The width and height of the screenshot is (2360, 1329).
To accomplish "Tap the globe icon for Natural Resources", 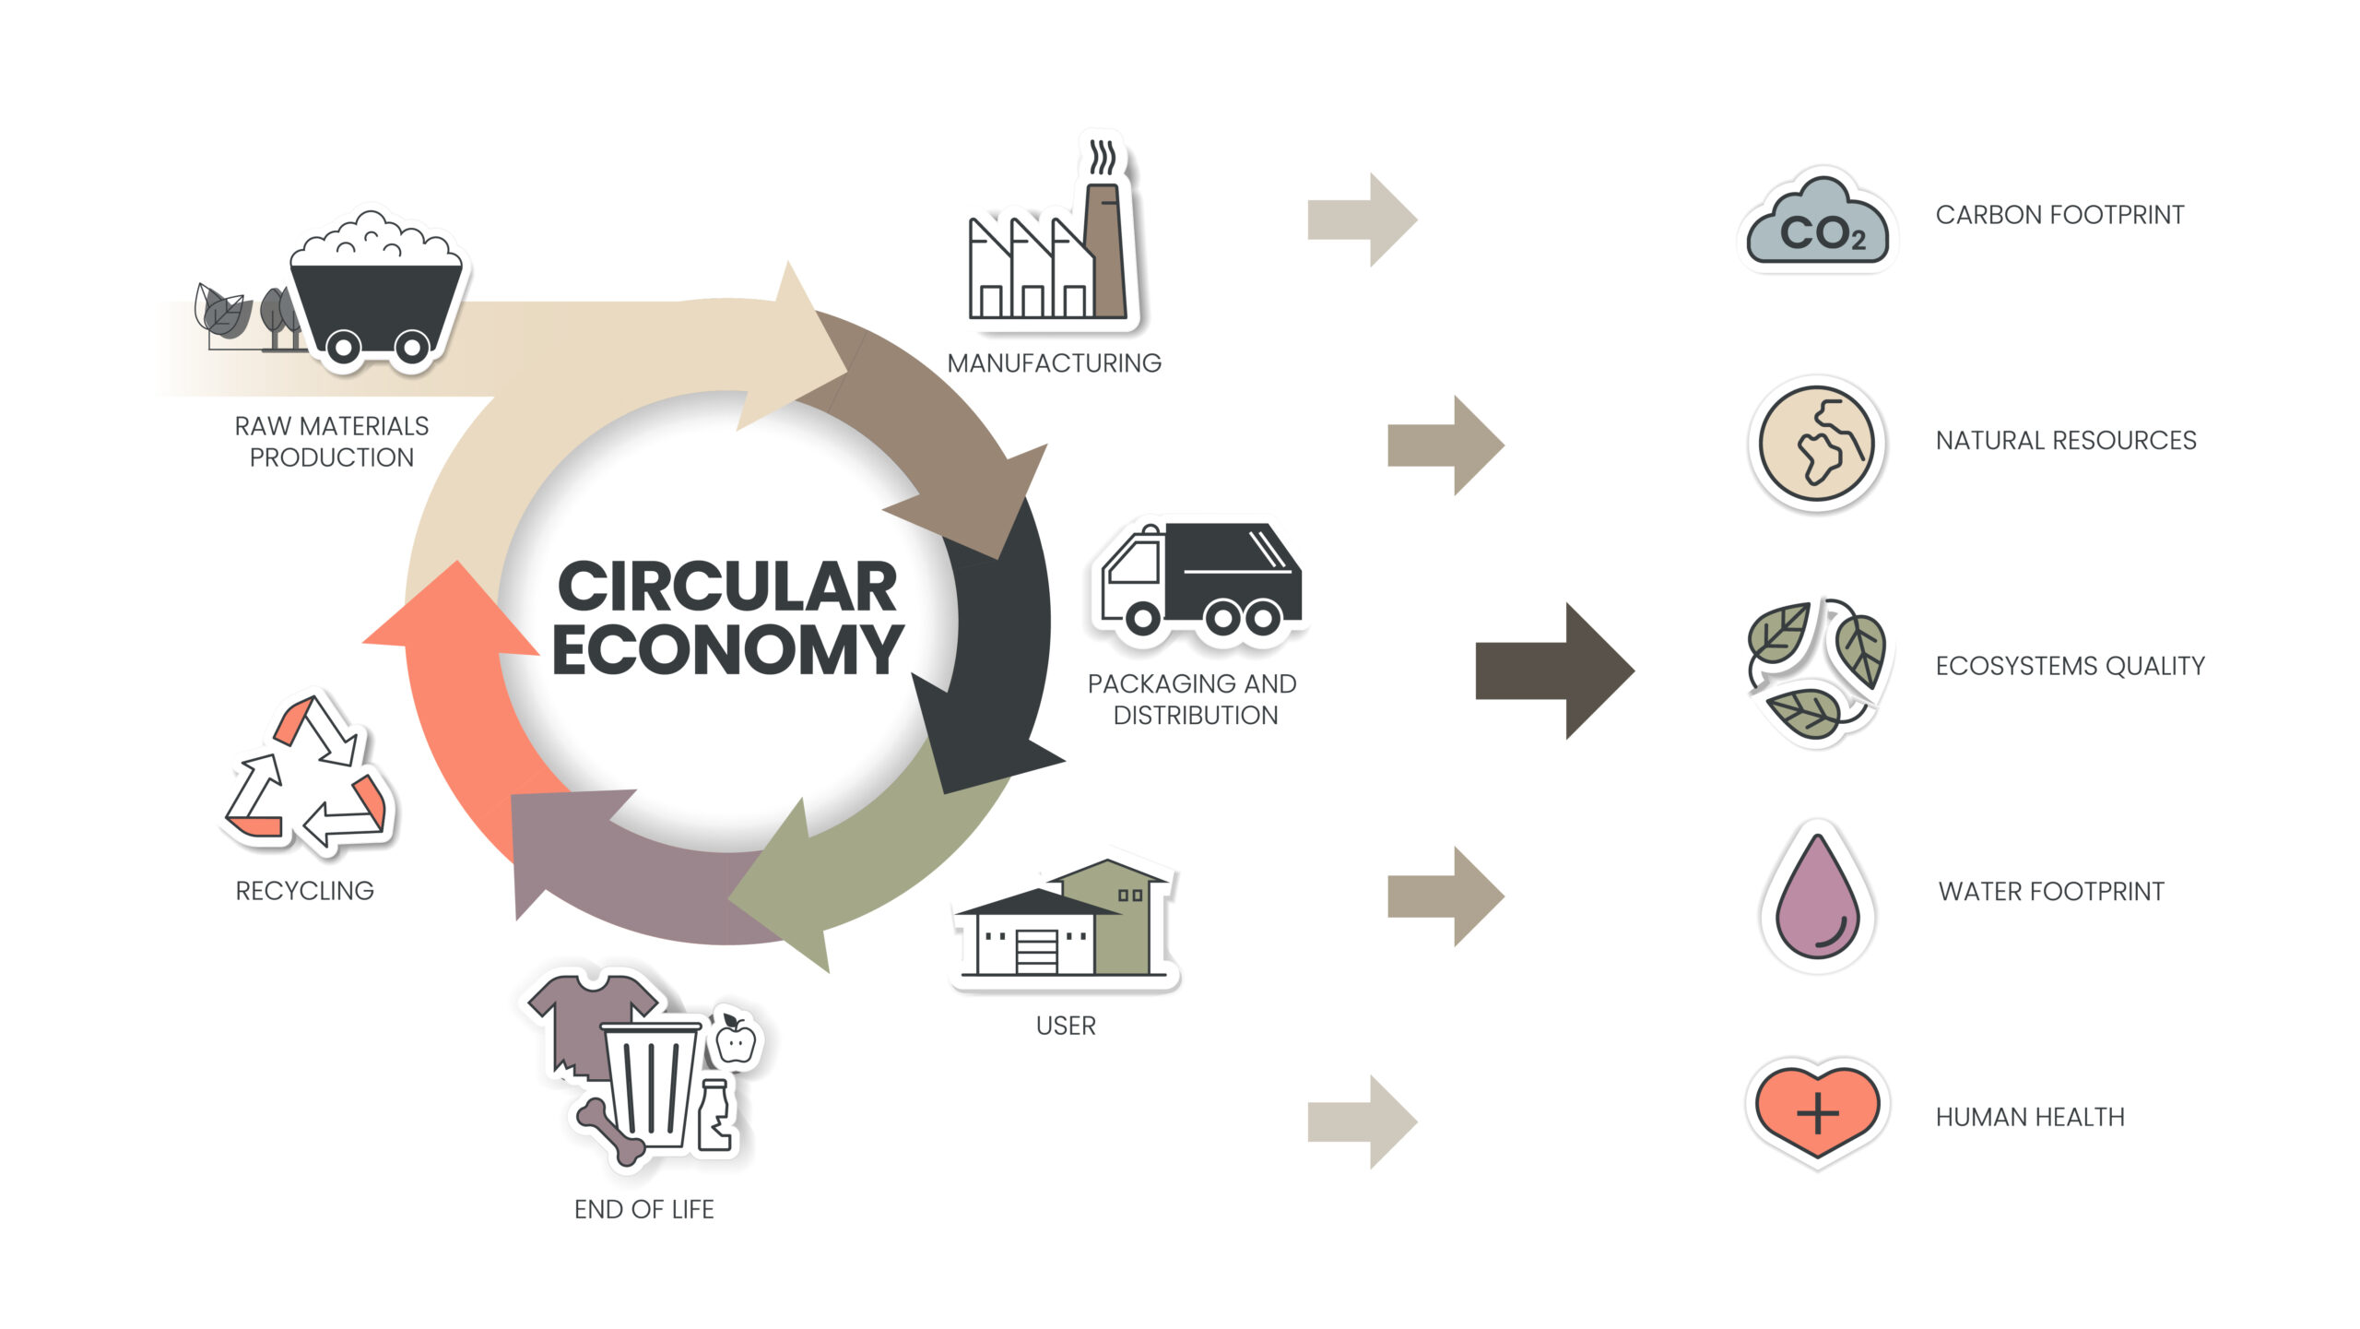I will [x=1816, y=444].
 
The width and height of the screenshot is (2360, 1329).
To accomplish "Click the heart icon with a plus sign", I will [x=1817, y=1110].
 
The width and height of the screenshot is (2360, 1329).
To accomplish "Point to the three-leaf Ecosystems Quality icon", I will [x=1816, y=669].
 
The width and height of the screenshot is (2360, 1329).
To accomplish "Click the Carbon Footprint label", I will [x=2059, y=215].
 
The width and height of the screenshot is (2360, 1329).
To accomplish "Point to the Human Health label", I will [x=2029, y=1117].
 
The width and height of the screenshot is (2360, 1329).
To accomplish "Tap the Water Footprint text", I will [x=2050, y=891].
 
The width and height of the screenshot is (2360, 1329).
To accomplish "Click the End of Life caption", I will [x=643, y=1209].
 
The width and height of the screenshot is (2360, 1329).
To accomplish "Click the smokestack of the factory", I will [x=1104, y=249].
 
